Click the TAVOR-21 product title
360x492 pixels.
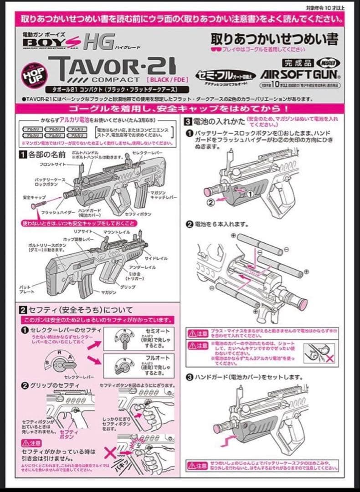pos(112,67)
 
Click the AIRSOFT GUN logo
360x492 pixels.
pos(300,74)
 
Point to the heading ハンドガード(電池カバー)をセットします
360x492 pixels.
pos(248,377)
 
